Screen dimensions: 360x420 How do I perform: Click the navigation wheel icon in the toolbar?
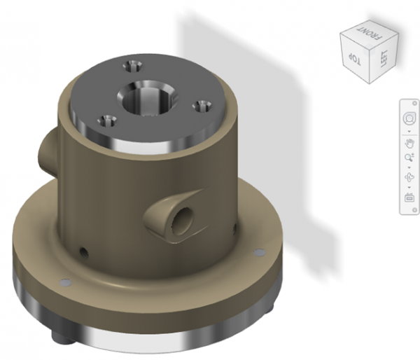(409, 117)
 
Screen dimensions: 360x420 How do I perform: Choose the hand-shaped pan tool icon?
(409, 144)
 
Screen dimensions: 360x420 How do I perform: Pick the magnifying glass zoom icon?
(409, 160)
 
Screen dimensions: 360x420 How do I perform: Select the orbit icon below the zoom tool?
(409, 178)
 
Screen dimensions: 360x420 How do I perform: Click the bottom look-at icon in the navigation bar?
(409, 198)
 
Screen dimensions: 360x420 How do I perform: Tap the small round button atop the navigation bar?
(409, 103)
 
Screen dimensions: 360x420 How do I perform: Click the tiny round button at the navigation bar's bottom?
(409, 212)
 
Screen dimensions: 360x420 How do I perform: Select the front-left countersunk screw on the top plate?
(107, 118)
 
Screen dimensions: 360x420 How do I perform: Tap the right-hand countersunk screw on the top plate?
(203, 106)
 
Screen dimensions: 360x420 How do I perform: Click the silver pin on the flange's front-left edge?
(66, 282)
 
